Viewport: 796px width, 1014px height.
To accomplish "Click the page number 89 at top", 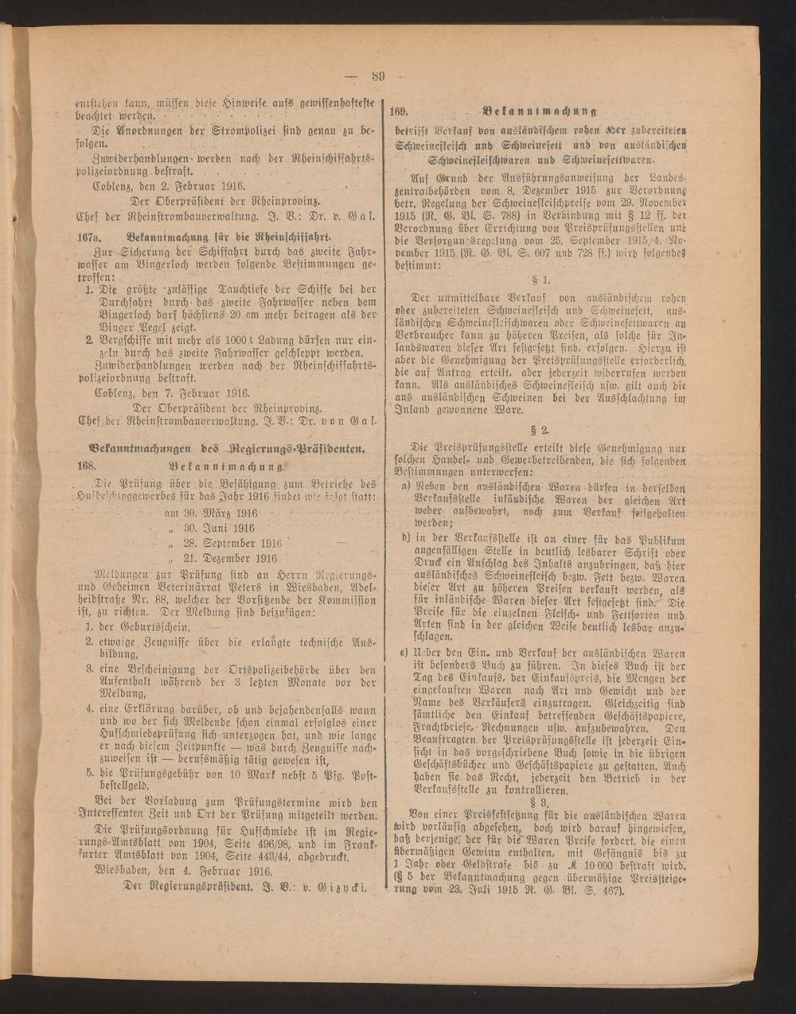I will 377,76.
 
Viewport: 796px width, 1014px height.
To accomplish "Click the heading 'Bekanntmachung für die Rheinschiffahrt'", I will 217,238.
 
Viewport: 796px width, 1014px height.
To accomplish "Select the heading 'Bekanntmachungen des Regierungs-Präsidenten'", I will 222,450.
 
